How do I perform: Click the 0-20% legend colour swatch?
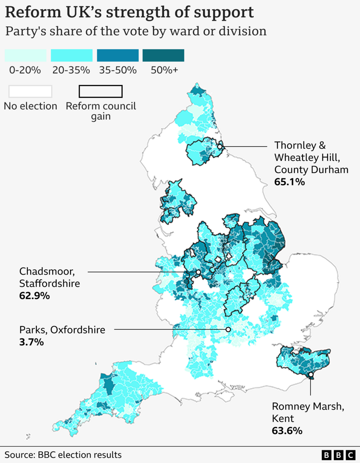25,55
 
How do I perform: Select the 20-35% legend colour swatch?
72,55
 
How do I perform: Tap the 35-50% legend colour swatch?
118,55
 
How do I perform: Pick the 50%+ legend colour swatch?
163,55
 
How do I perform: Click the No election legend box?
30,91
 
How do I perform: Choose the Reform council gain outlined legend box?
100,91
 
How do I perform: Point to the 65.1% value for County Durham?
290,182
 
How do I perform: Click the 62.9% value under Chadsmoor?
34,296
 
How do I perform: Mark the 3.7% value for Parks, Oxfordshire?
31,342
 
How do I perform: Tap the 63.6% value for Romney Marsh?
287,431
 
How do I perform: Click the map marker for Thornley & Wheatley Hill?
220,147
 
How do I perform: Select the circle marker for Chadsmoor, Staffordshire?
198,272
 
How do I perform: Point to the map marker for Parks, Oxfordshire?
228,329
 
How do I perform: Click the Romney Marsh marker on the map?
311,375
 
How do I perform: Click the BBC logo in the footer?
338,455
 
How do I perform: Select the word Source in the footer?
19,455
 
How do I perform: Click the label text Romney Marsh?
308,407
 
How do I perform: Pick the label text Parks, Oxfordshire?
62,330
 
